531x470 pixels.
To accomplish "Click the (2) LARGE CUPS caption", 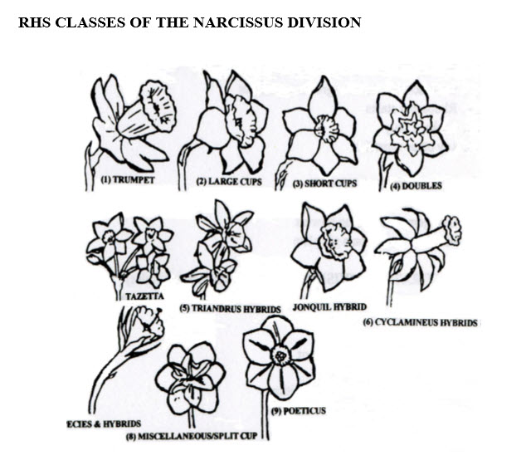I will pyautogui.click(x=227, y=181).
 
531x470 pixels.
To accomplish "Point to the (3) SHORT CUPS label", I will pyautogui.click(x=324, y=184).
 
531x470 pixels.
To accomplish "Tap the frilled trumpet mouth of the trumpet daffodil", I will pyautogui.click(x=157, y=105).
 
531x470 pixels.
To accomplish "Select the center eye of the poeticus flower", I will pyautogui.click(x=280, y=356).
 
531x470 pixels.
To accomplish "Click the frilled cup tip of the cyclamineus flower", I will pyautogui.click(x=453, y=229).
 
